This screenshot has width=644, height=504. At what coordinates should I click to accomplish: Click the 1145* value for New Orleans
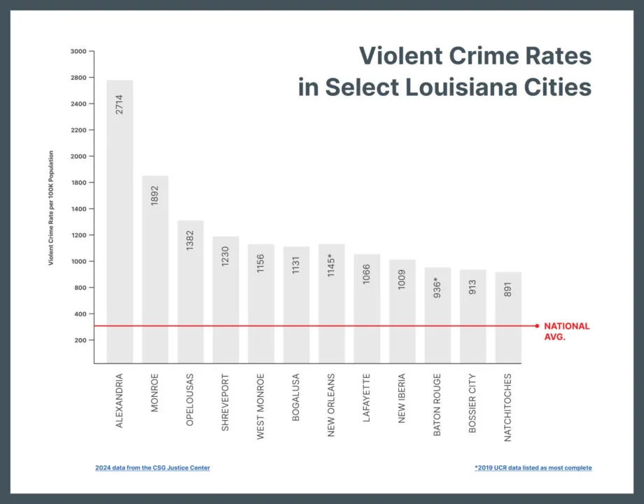click(332, 265)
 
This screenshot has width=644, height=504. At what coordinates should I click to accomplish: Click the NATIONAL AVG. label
click(566, 331)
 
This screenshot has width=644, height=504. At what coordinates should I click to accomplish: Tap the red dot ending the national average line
click(537, 325)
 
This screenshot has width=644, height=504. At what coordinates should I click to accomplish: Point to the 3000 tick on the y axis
click(78, 51)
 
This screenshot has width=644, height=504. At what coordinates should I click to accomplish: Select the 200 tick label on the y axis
click(80, 340)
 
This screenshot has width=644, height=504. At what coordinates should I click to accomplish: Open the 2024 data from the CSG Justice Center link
click(153, 468)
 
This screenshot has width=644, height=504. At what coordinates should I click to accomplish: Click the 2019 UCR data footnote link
click(533, 468)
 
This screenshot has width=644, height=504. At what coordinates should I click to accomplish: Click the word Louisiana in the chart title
click(457, 88)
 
